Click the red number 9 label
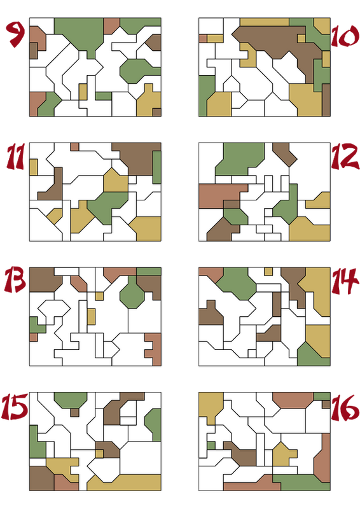pos(15,34)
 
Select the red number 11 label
pos(15,157)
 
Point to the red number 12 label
pos(345,157)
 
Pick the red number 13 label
pos(15,280)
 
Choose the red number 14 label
pos(345,281)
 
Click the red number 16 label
pos(345,407)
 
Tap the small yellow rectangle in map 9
pos(83,92)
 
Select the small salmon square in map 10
pos(203,39)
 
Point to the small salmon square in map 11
pos(74,147)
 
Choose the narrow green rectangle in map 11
pos(157,167)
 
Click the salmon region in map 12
pos(221,195)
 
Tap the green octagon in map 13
pos(132,294)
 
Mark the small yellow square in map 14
pos(268,272)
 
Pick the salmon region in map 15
pos(66,483)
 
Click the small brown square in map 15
pos(74,412)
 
